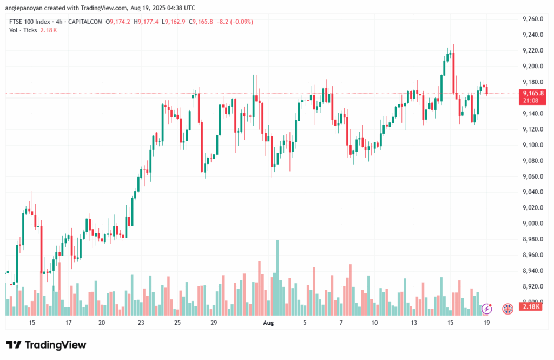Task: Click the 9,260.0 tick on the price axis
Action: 533,19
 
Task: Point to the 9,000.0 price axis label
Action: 533,223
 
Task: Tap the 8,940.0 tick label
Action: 533,270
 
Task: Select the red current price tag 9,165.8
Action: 533,93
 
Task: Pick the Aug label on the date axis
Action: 268,323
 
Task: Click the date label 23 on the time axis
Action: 141,323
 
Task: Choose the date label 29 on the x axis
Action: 214,323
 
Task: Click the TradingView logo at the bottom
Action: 46,345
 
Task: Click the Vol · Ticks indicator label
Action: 23,30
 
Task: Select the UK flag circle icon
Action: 507,309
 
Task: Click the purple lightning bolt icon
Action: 486,309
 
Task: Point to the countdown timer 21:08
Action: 530,100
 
